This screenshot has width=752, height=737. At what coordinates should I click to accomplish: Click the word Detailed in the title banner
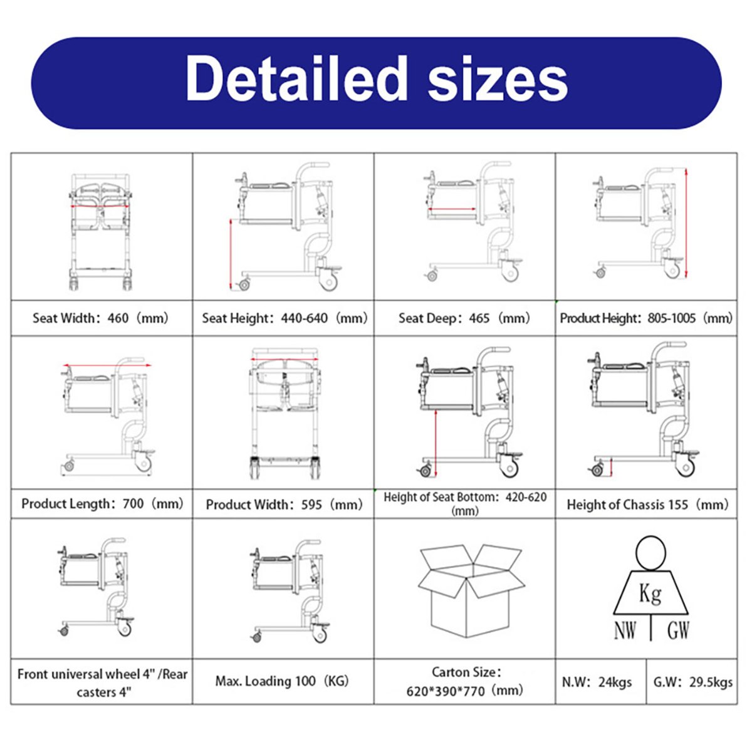tap(296, 78)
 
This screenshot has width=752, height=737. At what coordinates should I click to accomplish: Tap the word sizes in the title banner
tap(498, 83)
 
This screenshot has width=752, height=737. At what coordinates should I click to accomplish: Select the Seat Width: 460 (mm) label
tap(100, 318)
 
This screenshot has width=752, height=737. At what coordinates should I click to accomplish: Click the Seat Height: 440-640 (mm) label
tap(285, 318)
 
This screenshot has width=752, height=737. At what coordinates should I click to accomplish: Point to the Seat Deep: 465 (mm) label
tap(464, 318)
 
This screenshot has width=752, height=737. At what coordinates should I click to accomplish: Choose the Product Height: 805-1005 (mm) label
tap(646, 318)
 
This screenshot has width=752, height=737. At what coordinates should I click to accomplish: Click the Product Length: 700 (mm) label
tap(103, 504)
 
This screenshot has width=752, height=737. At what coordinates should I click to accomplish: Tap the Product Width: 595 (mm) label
tap(285, 504)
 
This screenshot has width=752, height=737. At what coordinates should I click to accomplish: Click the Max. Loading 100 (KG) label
tap(282, 681)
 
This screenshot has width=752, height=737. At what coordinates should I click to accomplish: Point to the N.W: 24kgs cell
tap(597, 682)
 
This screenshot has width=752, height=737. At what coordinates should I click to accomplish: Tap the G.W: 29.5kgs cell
tap(693, 682)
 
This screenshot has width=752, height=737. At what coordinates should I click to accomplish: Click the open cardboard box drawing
tap(471, 591)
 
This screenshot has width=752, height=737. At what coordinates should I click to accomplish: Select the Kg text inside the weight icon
tap(650, 593)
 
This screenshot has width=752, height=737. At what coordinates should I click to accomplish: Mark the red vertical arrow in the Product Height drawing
tap(686, 223)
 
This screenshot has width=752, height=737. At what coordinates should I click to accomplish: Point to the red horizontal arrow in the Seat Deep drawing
tap(452, 209)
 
